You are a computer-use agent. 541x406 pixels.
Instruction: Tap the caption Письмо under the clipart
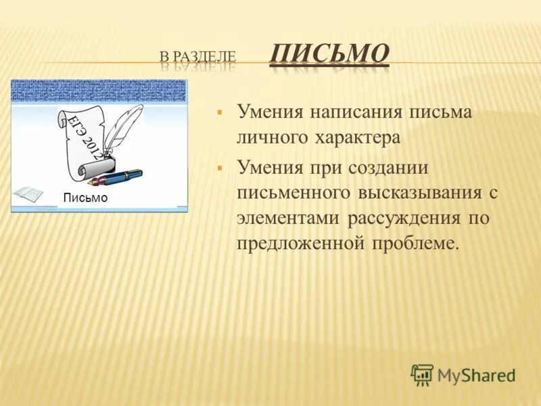pyautogui.click(x=85, y=198)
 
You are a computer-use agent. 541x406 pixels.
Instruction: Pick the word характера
pyautogui.click(x=356, y=138)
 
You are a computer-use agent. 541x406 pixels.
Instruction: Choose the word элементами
pyautogui.click(x=289, y=219)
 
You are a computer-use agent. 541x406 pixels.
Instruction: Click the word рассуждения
pyautogui.click(x=405, y=219)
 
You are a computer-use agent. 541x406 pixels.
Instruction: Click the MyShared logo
pyautogui.click(x=464, y=374)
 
